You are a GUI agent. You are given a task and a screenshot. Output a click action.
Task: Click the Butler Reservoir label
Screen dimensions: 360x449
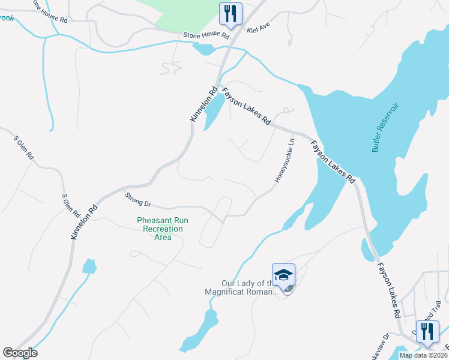click(385, 127)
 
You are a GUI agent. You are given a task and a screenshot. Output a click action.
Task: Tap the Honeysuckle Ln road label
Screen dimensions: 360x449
click(285, 160)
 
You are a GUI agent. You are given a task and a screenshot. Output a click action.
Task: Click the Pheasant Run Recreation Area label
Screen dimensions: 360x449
click(163, 229)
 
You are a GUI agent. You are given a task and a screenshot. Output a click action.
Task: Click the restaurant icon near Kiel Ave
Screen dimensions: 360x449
click(231, 14)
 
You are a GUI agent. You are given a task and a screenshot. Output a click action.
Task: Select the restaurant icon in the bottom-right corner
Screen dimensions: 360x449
click(427, 332)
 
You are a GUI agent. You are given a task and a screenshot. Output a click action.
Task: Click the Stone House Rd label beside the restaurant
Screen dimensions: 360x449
click(206, 36)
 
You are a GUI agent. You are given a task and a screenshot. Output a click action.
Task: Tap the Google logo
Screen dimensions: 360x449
click(20, 353)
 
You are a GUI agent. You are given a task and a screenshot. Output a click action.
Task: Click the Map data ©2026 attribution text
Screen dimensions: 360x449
click(423, 355)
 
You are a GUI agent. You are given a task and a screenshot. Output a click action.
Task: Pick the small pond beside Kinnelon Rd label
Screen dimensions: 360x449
click(212, 111)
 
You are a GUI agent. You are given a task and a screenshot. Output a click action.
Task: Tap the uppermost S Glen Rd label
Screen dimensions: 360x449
click(24, 147)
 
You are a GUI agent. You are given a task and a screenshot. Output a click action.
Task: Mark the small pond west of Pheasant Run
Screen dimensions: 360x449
click(89, 266)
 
